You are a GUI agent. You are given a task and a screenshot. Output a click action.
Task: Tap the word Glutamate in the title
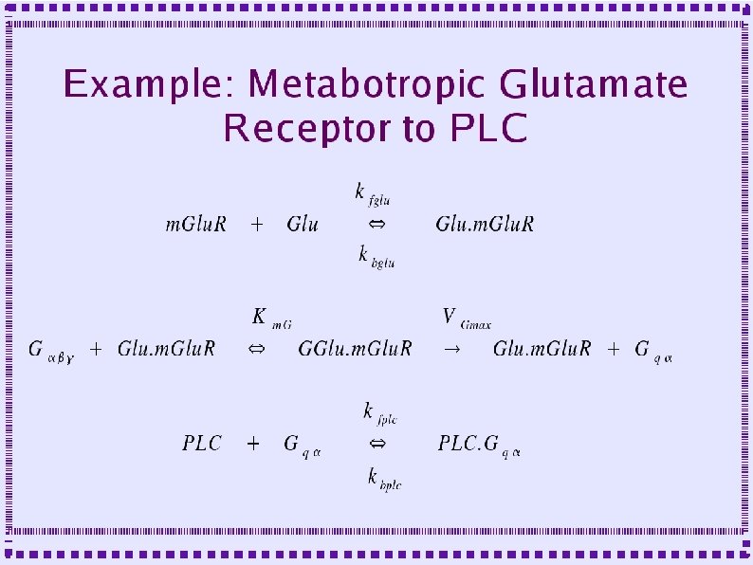(594, 85)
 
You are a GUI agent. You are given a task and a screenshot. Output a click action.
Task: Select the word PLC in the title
(488, 128)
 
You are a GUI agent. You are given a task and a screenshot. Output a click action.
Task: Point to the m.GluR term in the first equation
(196, 225)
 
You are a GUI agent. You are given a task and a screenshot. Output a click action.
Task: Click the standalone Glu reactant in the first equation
(303, 225)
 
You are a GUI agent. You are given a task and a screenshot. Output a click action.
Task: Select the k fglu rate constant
(374, 194)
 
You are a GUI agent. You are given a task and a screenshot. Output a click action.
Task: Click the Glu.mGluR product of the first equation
(485, 225)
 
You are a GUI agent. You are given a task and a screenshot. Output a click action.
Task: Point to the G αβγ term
(53, 350)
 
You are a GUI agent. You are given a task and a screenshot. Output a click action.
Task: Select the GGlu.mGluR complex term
(355, 349)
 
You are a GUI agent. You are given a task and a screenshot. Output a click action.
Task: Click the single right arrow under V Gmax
(451, 350)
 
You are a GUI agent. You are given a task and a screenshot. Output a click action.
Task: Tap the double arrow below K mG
(256, 350)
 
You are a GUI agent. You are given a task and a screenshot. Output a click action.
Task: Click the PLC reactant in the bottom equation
(202, 443)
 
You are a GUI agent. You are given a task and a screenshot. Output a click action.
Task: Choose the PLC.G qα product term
(479, 444)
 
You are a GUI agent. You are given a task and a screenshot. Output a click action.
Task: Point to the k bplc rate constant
(384, 479)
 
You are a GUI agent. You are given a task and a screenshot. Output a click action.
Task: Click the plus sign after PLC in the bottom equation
(253, 443)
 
